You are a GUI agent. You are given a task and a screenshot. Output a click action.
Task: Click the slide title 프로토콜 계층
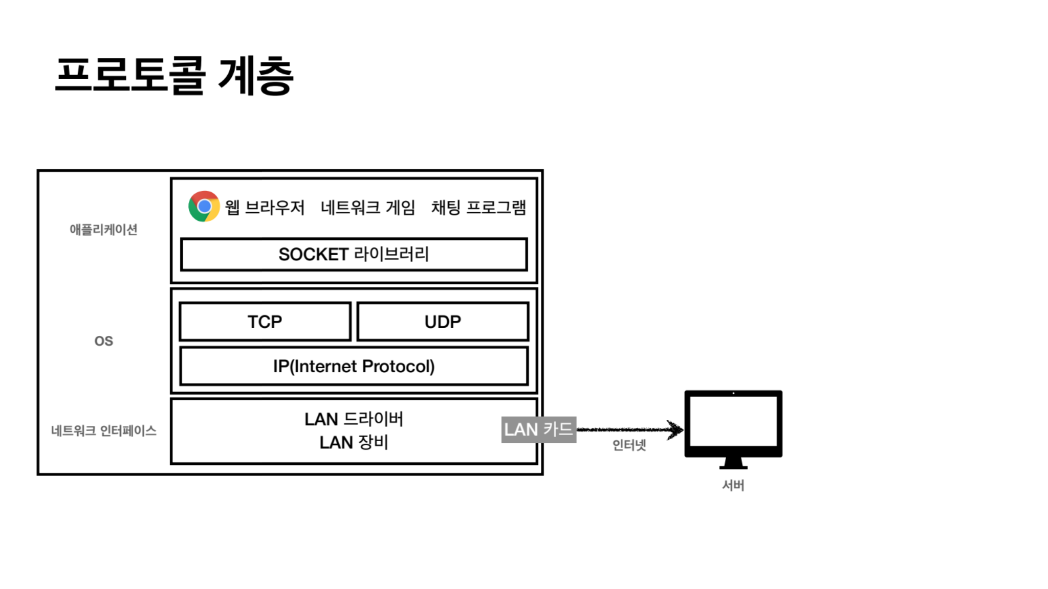point(174,76)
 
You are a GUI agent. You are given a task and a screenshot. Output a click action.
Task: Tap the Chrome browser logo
point(204,206)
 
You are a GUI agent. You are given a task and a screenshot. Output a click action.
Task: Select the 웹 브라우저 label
point(265,208)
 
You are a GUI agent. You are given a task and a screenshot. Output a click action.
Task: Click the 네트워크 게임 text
point(367,208)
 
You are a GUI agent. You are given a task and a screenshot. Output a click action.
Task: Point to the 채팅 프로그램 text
point(478,208)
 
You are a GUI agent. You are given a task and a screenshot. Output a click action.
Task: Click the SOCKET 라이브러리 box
point(354,254)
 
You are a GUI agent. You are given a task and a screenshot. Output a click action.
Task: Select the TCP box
point(265,322)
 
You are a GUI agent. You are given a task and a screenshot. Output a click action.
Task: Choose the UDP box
point(443,322)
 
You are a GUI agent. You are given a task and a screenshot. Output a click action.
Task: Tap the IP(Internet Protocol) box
point(354,366)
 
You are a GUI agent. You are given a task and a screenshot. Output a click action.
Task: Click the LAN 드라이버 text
point(354,419)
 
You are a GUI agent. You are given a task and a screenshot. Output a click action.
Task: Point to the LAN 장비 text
point(354,442)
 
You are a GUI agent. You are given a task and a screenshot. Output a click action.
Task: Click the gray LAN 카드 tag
point(538,429)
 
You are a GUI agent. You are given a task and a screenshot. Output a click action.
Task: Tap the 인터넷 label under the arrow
point(629,445)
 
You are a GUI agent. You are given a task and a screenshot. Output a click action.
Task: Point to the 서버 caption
point(733,485)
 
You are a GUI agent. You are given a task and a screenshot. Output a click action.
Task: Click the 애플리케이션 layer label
point(103,230)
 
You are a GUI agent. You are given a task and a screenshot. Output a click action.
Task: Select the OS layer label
point(103,341)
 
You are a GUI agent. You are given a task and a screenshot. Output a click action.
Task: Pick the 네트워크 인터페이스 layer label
point(103,431)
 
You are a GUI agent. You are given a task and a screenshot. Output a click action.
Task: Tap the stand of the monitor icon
point(733,463)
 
